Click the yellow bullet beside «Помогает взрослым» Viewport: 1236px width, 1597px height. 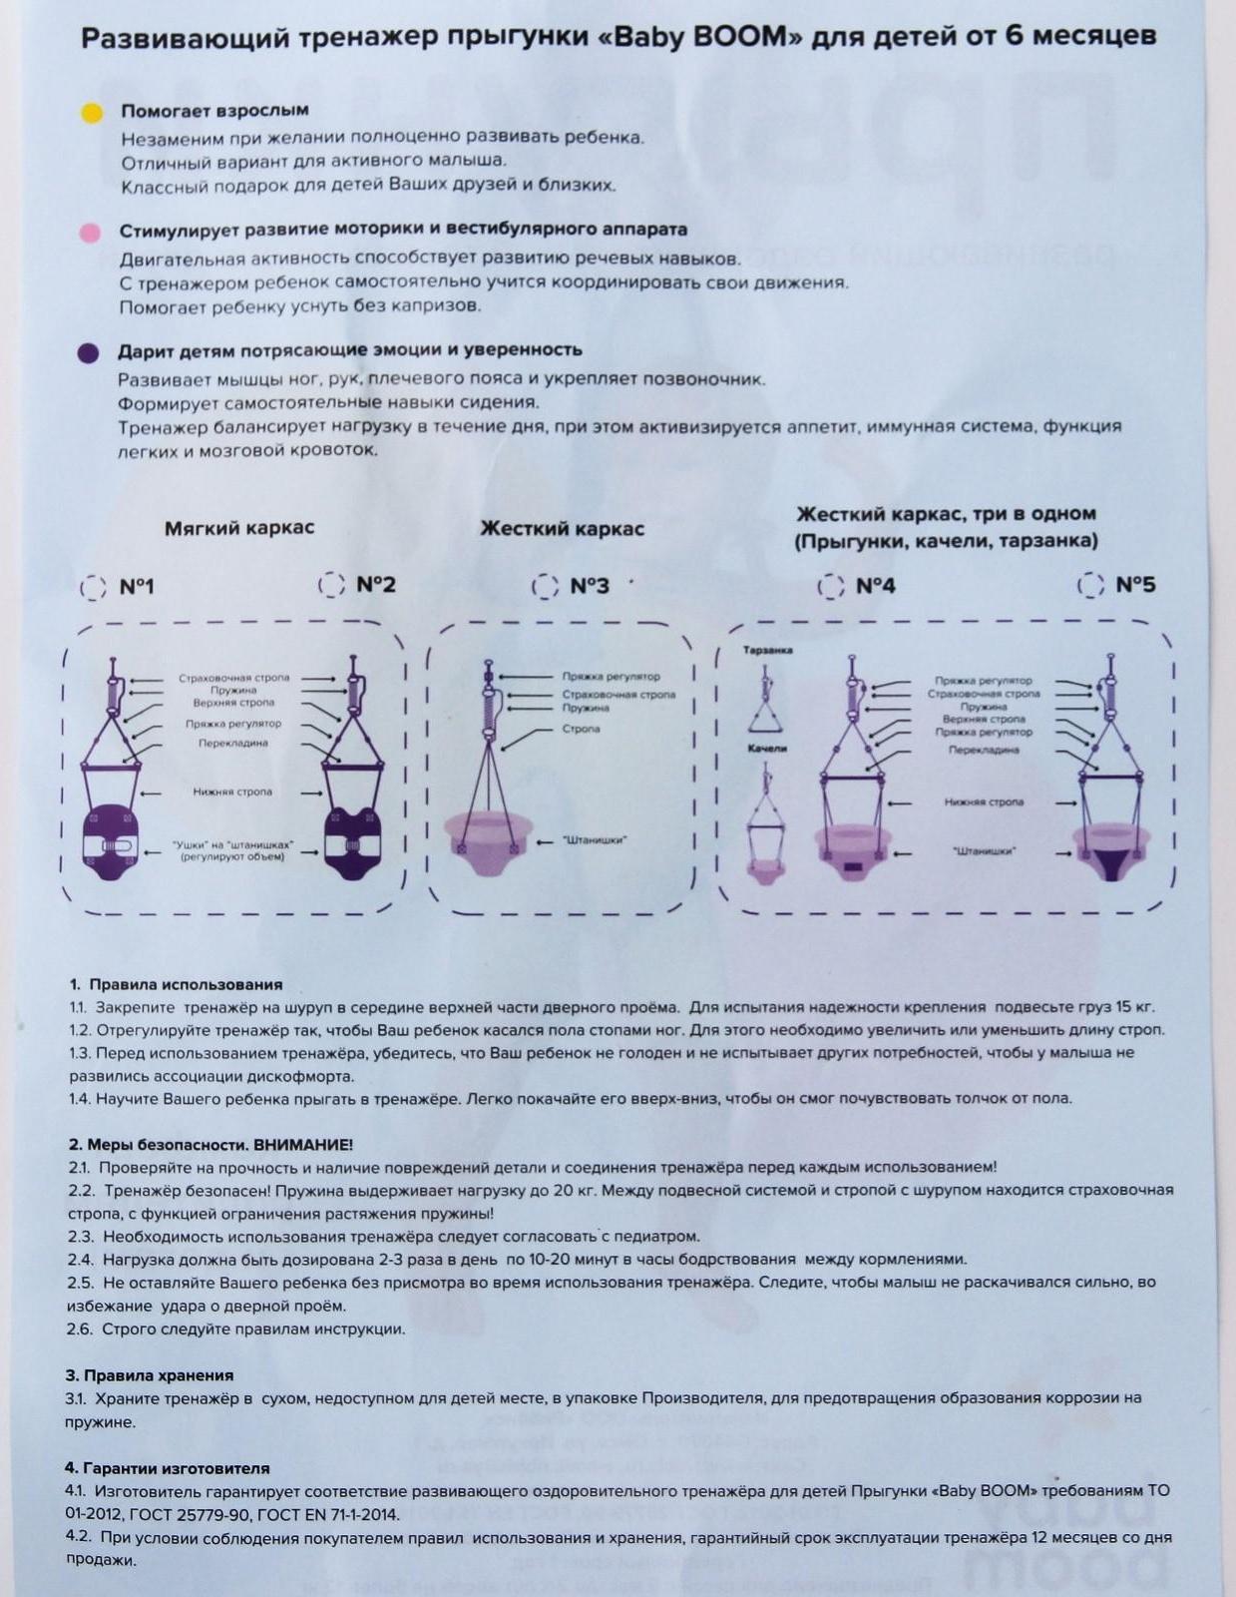92,113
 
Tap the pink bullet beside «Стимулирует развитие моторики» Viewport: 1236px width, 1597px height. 90,234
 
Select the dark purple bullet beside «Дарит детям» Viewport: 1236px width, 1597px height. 89,353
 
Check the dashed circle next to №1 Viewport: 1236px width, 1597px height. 93,587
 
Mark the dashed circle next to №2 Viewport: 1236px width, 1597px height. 331,585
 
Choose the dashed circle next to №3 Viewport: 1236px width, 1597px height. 545,586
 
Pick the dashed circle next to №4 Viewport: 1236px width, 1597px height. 830,586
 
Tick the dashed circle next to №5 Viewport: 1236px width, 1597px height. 1090,585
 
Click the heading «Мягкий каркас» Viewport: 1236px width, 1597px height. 239,528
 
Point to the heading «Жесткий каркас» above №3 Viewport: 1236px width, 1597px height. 562,529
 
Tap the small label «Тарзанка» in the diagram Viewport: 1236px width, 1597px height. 767,651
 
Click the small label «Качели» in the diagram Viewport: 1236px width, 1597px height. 767,748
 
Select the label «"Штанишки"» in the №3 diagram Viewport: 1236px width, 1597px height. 594,840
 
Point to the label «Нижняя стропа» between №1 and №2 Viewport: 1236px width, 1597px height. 232,793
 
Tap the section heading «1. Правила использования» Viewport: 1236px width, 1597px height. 177,984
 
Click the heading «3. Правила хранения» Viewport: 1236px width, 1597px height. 150,1375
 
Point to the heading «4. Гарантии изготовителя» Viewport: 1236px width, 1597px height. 168,1468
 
